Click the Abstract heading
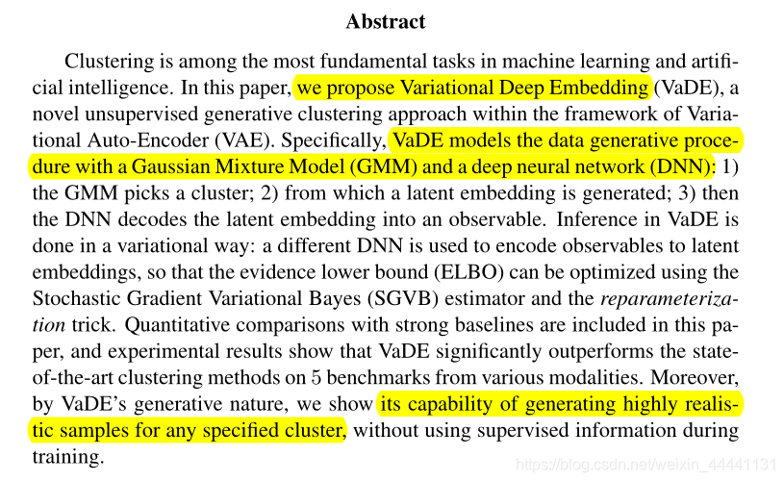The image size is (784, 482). (x=385, y=21)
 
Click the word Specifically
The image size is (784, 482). (x=341, y=140)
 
